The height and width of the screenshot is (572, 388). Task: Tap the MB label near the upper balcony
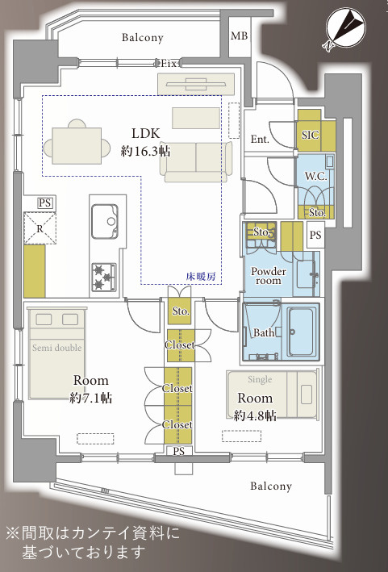click(x=240, y=35)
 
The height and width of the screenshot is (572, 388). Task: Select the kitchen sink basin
click(x=105, y=221)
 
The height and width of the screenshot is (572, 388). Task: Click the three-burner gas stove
click(x=104, y=277)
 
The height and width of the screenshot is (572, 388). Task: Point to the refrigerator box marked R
click(x=40, y=229)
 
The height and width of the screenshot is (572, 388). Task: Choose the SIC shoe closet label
click(x=311, y=135)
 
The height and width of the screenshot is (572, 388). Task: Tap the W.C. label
click(x=315, y=177)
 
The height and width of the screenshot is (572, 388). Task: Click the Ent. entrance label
click(x=260, y=139)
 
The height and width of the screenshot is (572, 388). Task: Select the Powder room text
click(x=269, y=276)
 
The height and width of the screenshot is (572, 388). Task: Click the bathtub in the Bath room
click(x=302, y=332)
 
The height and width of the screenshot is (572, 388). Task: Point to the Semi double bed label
click(x=57, y=348)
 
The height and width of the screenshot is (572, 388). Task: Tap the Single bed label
click(x=260, y=380)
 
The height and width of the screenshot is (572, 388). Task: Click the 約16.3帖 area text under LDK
click(x=145, y=151)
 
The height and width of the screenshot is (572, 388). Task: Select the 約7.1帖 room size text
click(x=91, y=398)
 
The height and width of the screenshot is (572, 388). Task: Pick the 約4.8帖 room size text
click(x=255, y=415)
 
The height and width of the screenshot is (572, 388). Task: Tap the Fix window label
click(x=169, y=64)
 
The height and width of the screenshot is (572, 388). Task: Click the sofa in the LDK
click(x=196, y=161)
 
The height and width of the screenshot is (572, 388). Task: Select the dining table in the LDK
click(x=77, y=145)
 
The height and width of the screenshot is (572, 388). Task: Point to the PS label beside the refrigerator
click(x=45, y=202)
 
